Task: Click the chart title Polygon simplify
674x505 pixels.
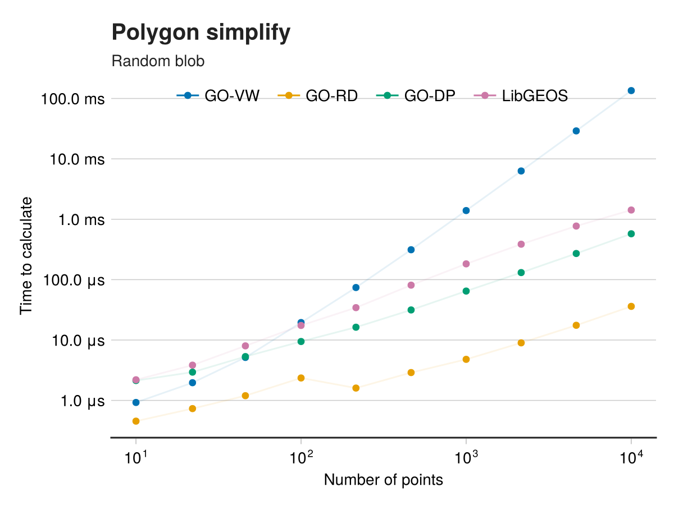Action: [201, 33]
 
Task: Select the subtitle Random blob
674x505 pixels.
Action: [158, 61]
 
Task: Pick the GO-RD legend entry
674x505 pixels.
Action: [318, 96]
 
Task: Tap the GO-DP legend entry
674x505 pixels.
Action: [416, 96]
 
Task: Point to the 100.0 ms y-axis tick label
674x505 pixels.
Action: [72, 99]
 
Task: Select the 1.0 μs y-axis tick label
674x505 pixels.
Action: [78, 401]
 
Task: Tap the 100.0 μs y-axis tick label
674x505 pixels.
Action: [73, 280]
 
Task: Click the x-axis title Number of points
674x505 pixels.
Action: [384, 480]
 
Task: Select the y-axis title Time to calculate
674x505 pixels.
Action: [26, 255]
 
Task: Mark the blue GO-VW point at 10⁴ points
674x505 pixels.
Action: [631, 90]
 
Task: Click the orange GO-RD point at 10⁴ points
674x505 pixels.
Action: [631, 306]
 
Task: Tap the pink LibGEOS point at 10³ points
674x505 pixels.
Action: [466, 264]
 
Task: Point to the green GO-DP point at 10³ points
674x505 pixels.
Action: [466, 291]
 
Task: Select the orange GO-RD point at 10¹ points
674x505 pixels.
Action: [136, 421]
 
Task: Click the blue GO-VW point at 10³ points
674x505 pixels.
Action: [466, 210]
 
